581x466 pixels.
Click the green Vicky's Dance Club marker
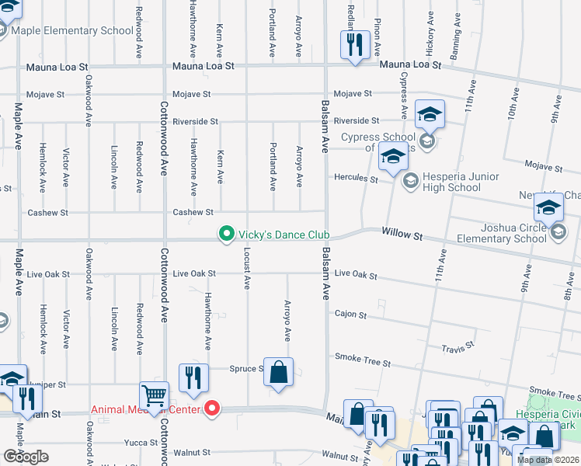tap(226, 234)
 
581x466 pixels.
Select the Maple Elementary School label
tap(73, 31)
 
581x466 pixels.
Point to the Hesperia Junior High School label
tap(454, 182)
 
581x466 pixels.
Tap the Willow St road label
tap(402, 233)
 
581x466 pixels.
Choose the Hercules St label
tap(356, 179)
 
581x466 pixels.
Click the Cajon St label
tap(350, 315)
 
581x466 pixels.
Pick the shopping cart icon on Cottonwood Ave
tap(154, 395)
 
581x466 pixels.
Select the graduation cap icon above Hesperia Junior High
tap(392, 158)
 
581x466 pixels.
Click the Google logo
tap(26, 456)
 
